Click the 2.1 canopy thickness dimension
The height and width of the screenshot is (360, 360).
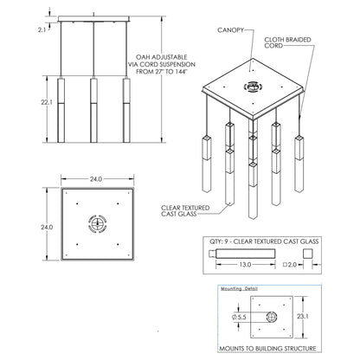pyautogui.click(x=42, y=29)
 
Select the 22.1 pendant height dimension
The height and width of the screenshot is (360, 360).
pyautogui.click(x=47, y=102)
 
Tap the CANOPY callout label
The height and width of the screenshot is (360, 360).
pyautogui.click(x=230, y=30)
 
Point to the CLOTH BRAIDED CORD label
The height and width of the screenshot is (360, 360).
pyautogui.click(x=287, y=42)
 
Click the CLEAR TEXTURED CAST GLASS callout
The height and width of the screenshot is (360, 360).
pyautogui.click(x=185, y=210)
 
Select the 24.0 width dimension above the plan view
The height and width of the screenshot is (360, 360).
pyautogui.click(x=96, y=179)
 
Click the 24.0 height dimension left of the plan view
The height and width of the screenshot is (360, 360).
pyautogui.click(x=47, y=227)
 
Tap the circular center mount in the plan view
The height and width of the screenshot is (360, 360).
pyautogui.click(x=98, y=223)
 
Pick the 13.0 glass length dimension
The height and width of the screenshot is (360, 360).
pyautogui.click(x=245, y=264)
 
